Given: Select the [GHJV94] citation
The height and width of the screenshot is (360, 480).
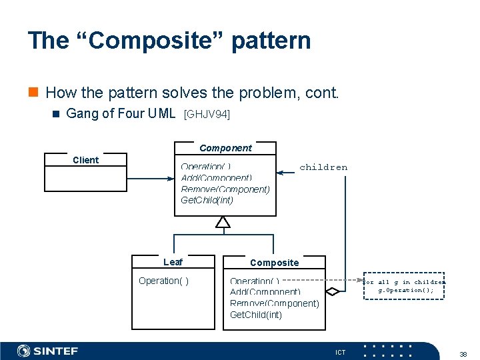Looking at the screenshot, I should (x=207, y=115).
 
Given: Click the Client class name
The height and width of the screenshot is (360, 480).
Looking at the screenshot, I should (x=85, y=160).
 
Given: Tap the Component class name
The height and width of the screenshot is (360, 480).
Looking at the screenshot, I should (x=225, y=148).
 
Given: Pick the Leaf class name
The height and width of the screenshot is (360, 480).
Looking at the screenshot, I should (x=173, y=262).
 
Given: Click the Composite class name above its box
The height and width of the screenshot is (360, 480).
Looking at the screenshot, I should (x=274, y=263).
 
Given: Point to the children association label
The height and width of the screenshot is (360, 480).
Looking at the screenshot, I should (x=323, y=167).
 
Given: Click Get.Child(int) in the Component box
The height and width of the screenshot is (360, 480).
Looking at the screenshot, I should (x=207, y=200).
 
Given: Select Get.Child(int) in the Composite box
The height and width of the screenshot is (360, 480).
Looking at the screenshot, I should (x=256, y=315).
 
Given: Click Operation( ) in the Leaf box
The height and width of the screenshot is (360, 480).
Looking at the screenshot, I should (x=163, y=281).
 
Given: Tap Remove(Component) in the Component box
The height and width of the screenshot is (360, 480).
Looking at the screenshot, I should (x=225, y=189).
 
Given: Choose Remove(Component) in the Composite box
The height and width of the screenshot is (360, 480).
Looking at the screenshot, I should (x=274, y=303).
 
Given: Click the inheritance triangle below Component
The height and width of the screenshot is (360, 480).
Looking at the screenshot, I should (x=223, y=222).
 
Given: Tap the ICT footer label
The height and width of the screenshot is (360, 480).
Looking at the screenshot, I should (x=341, y=352).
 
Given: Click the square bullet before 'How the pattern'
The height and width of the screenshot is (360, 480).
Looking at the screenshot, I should (x=35, y=93).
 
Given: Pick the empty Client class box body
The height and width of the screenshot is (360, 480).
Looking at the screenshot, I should (x=85, y=179).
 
